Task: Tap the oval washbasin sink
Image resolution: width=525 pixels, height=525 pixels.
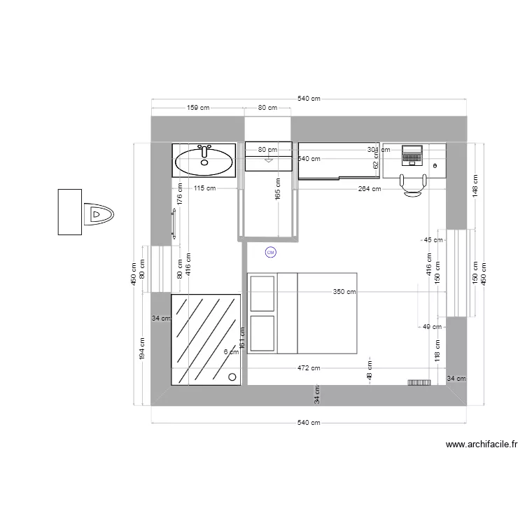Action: [x=204, y=162]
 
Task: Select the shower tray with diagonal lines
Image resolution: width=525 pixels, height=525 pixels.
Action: [x=206, y=339]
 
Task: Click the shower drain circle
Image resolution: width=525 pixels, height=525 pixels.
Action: [x=232, y=376]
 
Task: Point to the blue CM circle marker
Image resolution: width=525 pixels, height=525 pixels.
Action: [x=271, y=252]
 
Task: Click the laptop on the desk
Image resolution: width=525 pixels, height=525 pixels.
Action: [x=412, y=155]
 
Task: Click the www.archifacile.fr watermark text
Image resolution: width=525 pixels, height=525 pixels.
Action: [x=481, y=444]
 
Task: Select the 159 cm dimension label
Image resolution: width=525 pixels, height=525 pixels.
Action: [x=198, y=108]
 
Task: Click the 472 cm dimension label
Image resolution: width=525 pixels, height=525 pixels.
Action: [x=309, y=367]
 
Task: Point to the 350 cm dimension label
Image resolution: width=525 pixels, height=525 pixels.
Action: [x=344, y=292]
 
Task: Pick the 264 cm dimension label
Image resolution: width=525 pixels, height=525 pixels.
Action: [x=369, y=188]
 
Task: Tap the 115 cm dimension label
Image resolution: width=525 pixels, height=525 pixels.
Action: [x=205, y=188]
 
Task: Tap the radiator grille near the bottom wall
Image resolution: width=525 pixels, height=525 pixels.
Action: [x=419, y=382]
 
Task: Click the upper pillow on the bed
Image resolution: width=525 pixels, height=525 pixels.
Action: [x=262, y=293]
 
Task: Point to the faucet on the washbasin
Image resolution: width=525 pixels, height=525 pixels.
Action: [x=204, y=150]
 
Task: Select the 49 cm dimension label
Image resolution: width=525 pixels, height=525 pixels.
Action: [x=431, y=326]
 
